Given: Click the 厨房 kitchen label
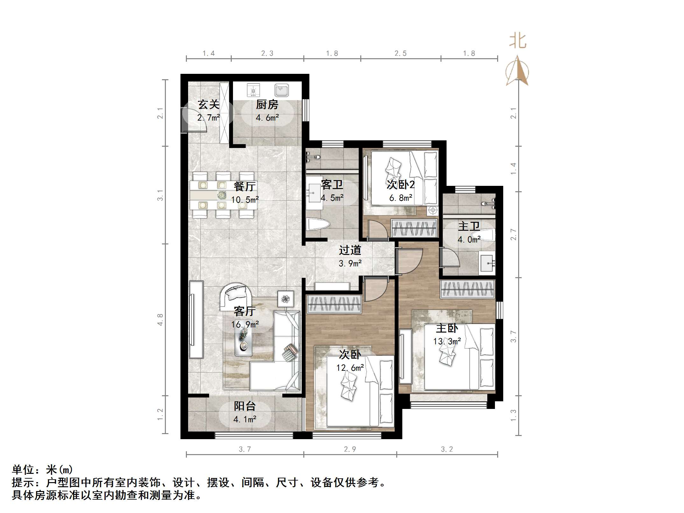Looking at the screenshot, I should tap(267, 104).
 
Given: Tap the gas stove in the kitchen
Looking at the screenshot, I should tap(253, 90).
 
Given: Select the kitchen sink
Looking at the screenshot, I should tap(282, 90).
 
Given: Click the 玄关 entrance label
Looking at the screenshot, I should tap(208, 104).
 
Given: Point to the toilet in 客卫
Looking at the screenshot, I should tap(317, 224).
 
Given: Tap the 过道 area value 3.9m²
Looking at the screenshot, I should tap(350, 263).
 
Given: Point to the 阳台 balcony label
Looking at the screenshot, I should tap(244, 406).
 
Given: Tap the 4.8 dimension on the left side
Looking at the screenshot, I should tap(160, 320).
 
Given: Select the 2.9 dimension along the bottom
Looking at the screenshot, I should tap(350, 449).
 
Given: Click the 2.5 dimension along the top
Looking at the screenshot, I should tap(400, 53).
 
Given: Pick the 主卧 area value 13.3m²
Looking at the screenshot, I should tap(447, 341).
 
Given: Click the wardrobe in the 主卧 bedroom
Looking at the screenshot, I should tap(468, 289).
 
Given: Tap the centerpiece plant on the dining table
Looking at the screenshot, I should tap(222, 195).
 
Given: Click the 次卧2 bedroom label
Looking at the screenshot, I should tap(401, 185).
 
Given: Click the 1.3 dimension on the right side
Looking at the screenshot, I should tap(513, 415).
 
